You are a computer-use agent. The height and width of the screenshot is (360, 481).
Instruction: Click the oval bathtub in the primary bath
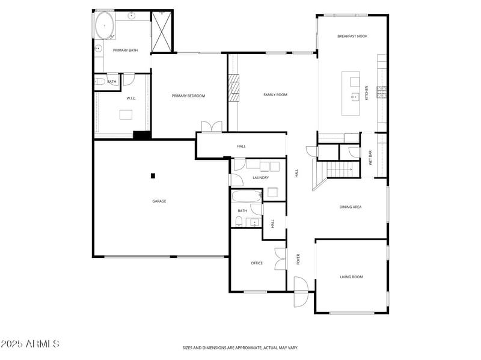click(x=105, y=28)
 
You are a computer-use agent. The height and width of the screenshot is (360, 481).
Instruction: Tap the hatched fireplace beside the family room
click(x=233, y=88)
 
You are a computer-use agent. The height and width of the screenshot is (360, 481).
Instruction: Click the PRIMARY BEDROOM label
click(x=188, y=96)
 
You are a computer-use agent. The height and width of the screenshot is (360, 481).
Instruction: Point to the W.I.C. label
click(x=131, y=99)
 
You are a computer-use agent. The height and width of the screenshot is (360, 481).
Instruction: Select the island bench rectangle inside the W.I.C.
click(x=126, y=115)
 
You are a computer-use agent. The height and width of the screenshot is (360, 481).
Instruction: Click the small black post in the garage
click(x=153, y=175)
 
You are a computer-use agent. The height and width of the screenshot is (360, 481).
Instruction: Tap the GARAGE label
click(x=159, y=201)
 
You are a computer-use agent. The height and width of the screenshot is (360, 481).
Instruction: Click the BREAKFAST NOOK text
click(x=352, y=37)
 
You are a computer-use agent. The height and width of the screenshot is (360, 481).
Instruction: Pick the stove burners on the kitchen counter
click(x=381, y=92)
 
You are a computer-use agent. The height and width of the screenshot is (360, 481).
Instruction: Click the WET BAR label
click(x=370, y=157)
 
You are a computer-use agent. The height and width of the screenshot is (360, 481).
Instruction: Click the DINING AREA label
click(x=350, y=207)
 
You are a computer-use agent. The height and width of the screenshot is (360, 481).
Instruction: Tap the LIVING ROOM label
click(x=351, y=277)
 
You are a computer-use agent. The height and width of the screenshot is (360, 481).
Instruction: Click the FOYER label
click(x=298, y=260)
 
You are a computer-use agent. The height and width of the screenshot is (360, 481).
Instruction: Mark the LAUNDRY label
click(x=260, y=178)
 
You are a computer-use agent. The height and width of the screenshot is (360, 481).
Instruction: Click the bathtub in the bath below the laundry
click(x=247, y=196)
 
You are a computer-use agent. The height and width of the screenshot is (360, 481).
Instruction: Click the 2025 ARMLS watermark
click(x=30, y=344)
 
